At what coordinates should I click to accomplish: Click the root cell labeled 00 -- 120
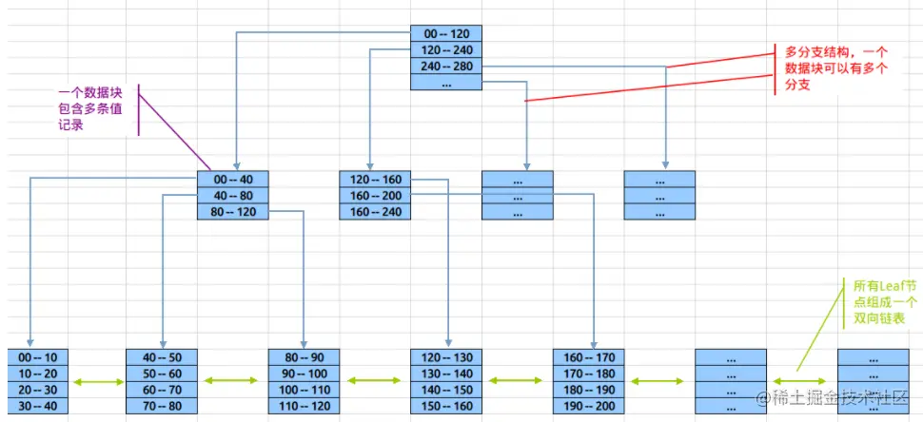coord(446,33)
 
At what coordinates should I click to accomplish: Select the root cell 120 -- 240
coord(446,49)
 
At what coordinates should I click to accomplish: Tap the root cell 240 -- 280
coord(446,66)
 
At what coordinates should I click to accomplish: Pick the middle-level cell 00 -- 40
coord(233,179)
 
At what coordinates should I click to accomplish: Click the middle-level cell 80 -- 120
coord(233,211)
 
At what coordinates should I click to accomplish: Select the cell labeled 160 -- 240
coord(375,211)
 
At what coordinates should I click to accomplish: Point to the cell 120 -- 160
coord(375,179)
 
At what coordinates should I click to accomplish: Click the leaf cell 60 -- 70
coord(162,391)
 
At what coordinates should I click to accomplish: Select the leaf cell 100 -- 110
coord(304,391)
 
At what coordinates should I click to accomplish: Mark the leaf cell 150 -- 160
coord(446,407)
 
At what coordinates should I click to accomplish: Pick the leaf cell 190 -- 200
coord(588,407)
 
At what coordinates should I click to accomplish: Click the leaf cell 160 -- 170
coord(588,357)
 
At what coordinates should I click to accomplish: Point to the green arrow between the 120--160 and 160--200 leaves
coord(518,382)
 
